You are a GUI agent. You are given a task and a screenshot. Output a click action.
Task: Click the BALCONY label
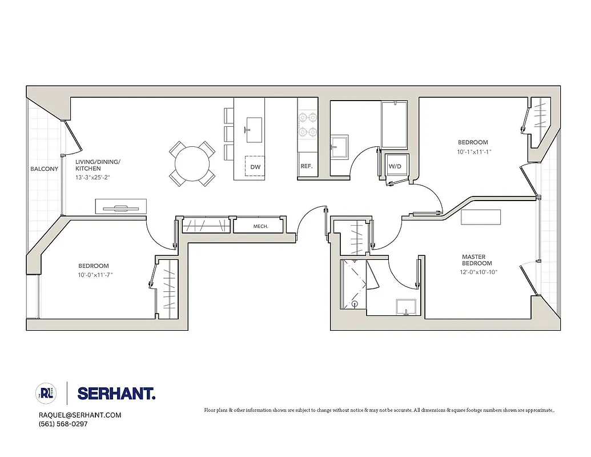point(45,169)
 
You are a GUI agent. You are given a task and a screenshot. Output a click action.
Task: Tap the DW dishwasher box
point(255,166)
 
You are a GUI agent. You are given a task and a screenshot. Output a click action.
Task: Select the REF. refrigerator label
point(305,166)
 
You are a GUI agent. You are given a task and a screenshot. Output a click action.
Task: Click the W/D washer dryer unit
point(395,166)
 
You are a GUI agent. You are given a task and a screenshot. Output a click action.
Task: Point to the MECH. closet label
point(260,226)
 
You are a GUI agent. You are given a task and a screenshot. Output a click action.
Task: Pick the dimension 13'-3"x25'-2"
point(97,177)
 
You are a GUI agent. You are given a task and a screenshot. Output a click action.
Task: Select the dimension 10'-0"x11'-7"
point(100,275)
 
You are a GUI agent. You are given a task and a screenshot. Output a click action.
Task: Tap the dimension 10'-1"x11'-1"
point(474,152)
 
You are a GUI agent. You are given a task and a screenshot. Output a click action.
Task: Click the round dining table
point(192,164)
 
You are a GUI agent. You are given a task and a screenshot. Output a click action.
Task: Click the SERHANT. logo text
point(116,394)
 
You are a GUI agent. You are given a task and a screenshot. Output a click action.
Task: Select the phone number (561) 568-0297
point(63,424)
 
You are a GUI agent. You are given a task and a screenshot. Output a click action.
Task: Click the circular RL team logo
point(46,394)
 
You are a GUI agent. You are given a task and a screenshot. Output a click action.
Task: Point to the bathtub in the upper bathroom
point(393,125)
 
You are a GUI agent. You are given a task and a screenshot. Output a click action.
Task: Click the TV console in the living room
point(120,206)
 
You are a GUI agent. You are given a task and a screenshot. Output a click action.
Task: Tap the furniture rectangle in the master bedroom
point(481,218)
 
